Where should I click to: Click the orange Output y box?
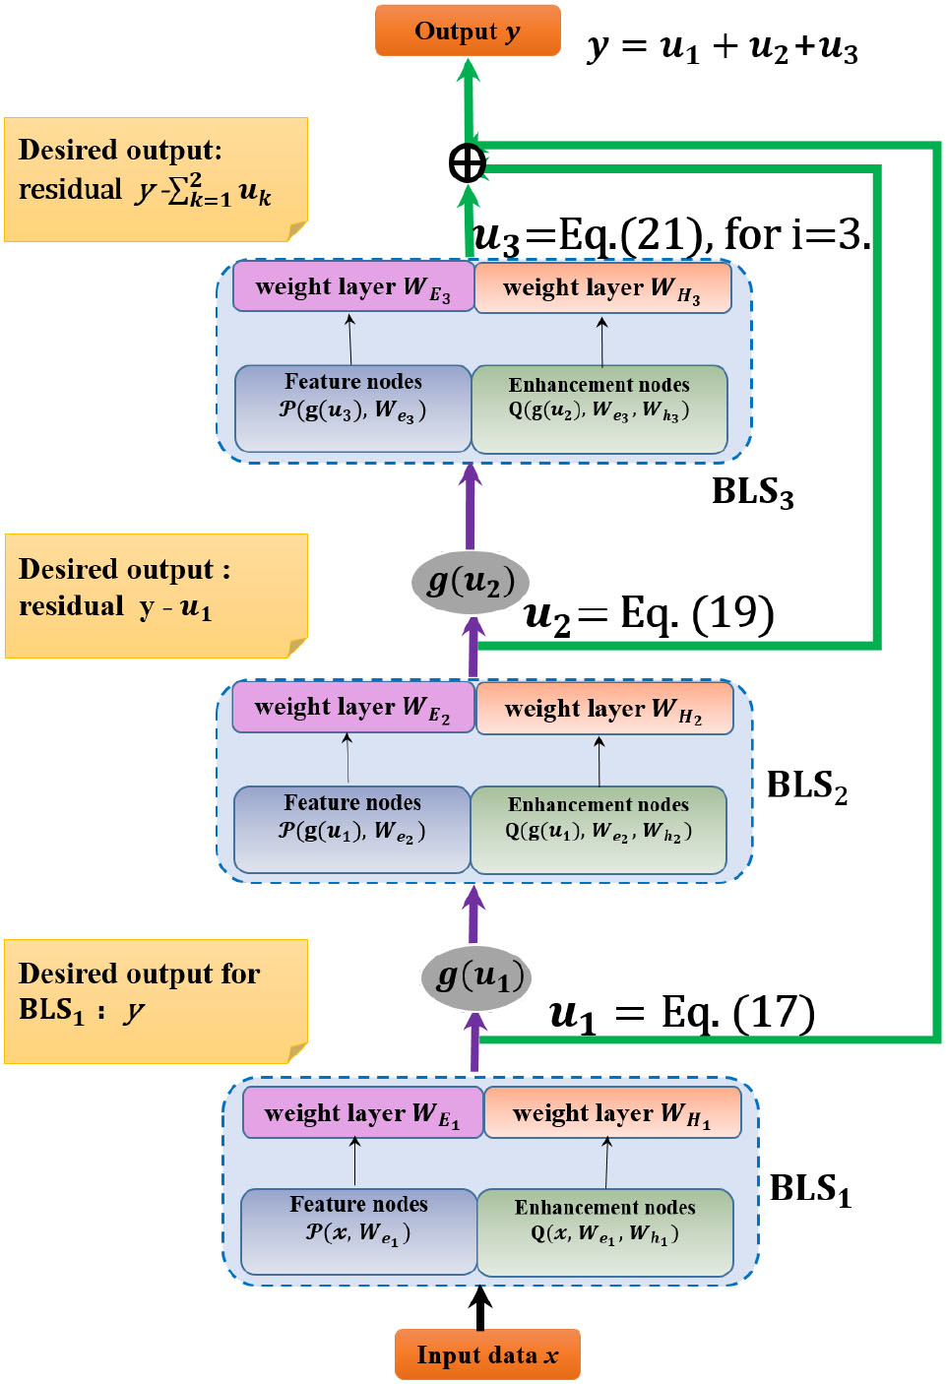click(468, 31)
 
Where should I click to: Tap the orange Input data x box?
click(487, 1355)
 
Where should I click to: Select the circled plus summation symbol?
click(468, 163)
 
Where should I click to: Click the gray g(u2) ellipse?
click(471, 582)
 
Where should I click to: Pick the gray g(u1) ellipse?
click(476, 976)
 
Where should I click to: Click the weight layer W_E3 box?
click(352, 287)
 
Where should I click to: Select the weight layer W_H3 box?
click(602, 288)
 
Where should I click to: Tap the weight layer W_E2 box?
click(352, 708)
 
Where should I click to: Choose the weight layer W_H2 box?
click(603, 709)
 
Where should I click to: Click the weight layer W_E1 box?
click(362, 1113)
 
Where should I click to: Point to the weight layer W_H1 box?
click(611, 1113)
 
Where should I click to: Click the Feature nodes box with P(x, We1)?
click(358, 1230)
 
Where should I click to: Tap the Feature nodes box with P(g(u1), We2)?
click(351, 829)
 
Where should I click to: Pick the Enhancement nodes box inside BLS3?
click(599, 409)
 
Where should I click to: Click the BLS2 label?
click(806, 786)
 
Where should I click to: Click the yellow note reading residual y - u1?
click(156, 596)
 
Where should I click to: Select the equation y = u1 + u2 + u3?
click(722, 47)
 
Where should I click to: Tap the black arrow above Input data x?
click(480, 1307)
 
